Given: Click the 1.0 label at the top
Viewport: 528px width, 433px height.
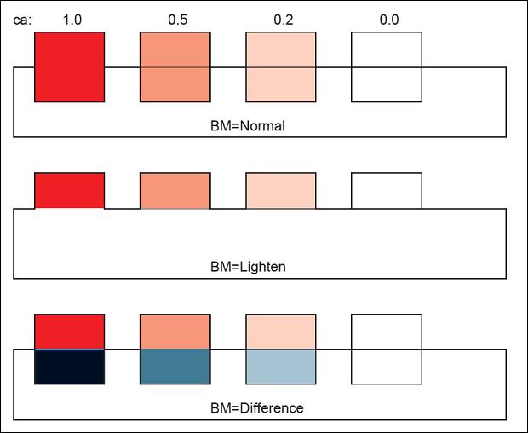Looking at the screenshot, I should pos(72,20).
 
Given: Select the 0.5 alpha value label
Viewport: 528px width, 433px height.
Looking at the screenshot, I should pos(177,20).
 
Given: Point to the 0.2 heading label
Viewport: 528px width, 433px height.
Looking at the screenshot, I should pos(283,20).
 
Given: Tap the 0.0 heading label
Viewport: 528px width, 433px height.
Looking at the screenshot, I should pos(388,20).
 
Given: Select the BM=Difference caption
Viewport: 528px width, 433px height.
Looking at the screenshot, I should pos(256,408).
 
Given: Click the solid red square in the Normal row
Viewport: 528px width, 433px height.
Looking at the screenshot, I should pos(70,67).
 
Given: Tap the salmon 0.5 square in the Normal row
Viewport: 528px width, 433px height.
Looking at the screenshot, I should pos(175,67).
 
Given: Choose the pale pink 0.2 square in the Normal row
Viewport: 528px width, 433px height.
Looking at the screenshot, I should pos(281,67).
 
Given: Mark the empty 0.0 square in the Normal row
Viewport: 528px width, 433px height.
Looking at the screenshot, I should pos(387,67).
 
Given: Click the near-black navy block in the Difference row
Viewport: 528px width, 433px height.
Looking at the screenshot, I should pos(70,367).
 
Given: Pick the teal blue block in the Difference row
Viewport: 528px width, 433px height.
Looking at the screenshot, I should pos(175,367).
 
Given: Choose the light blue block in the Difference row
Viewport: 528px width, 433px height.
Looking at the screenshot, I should pos(281,367).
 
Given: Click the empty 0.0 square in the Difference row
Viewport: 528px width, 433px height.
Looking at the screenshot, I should pos(387,349).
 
